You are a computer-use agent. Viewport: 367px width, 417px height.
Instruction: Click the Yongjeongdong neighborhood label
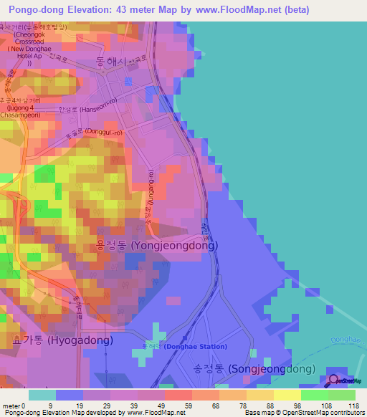click(x=157, y=245)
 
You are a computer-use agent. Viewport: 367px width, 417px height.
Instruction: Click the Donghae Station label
click(x=194, y=347)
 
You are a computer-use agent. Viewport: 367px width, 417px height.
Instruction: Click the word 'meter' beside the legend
click(x=10, y=406)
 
